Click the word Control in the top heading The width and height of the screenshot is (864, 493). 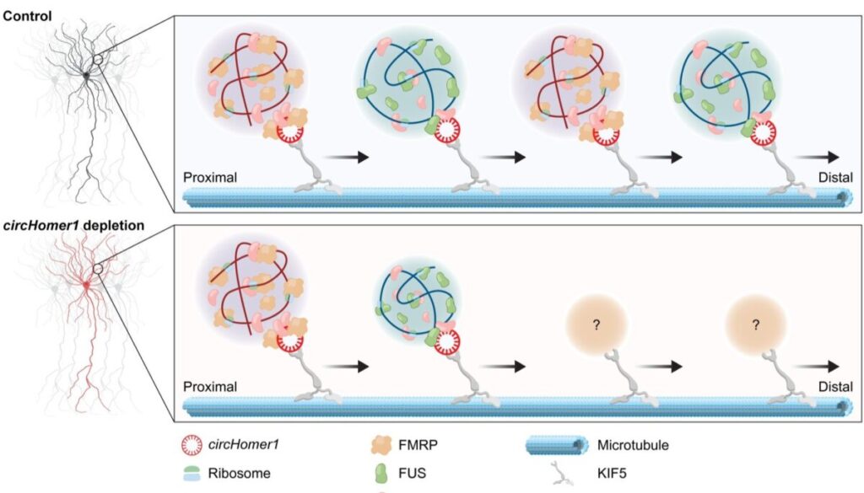[27, 16]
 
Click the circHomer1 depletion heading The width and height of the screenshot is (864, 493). [74, 226]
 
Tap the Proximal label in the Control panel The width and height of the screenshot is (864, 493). [210, 178]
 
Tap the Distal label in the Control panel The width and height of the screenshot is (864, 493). [835, 178]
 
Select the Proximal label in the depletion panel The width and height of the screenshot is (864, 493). [210, 387]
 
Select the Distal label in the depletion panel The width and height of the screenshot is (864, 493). [835, 387]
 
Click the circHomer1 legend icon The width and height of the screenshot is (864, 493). [192, 445]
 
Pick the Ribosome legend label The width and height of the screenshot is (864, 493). [239, 473]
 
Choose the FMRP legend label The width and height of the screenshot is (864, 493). [418, 445]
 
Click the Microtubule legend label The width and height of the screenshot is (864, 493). [633, 445]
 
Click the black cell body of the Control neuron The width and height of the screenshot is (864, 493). [87, 75]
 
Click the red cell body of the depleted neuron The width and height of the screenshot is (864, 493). [87, 285]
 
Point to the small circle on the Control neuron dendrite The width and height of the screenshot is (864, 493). [98, 60]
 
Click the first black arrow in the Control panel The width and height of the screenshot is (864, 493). [345, 158]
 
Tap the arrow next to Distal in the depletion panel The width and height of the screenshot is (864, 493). [817, 367]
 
